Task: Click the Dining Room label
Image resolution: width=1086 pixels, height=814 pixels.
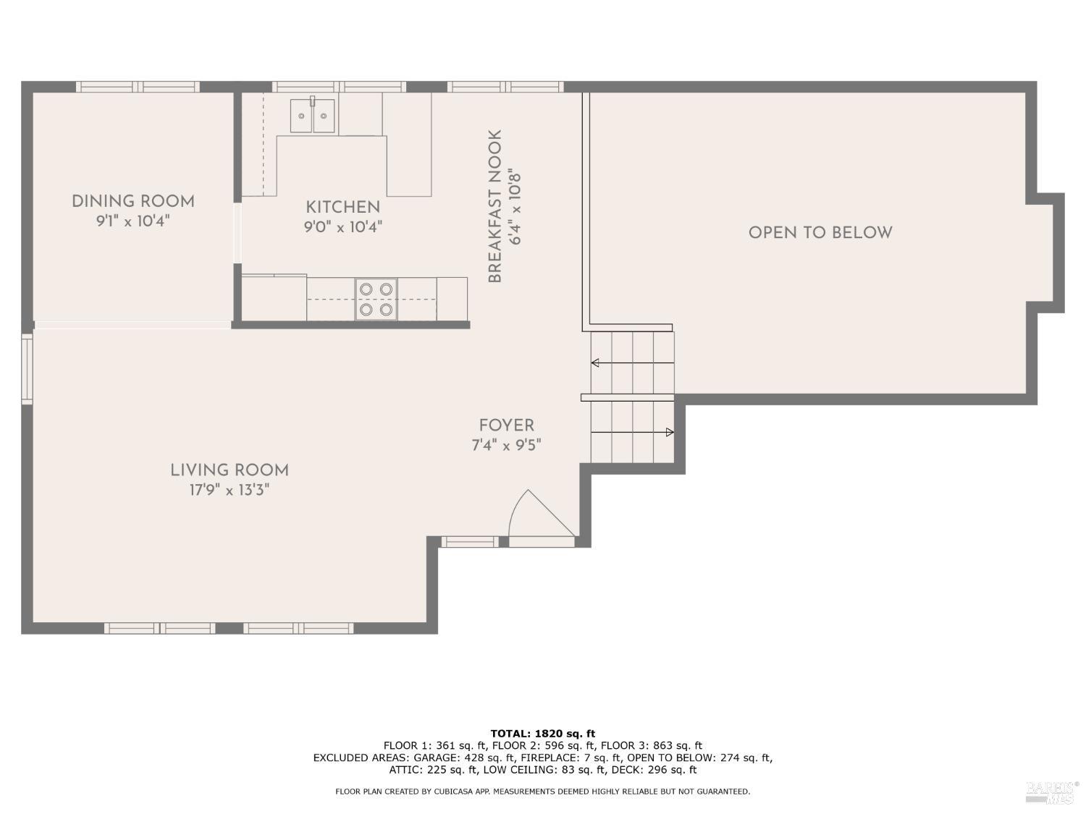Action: (133, 201)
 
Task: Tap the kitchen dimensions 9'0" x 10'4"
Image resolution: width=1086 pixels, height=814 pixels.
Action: (343, 227)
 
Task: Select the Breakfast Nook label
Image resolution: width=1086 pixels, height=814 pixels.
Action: (494, 206)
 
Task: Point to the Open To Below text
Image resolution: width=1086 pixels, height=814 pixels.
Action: (820, 232)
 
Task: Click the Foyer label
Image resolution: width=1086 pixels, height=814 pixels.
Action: (506, 425)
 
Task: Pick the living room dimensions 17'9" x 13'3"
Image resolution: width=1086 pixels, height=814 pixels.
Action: (229, 490)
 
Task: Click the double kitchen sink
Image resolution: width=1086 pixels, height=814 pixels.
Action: (312, 115)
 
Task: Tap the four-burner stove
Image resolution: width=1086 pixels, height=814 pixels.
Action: (376, 299)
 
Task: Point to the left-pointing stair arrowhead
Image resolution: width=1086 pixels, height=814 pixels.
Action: (595, 363)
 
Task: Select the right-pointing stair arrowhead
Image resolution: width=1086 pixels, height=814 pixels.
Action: (670, 433)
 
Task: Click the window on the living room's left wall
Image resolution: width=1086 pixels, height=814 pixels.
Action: (27, 369)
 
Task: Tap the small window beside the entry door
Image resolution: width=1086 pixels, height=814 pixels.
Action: (470, 542)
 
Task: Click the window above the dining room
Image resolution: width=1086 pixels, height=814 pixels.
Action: (138, 87)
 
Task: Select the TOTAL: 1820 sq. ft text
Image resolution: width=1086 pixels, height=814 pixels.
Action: (543, 734)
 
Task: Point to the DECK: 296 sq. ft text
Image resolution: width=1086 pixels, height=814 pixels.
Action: (654, 770)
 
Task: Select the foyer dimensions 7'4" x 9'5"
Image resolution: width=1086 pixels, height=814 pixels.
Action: (506, 445)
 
